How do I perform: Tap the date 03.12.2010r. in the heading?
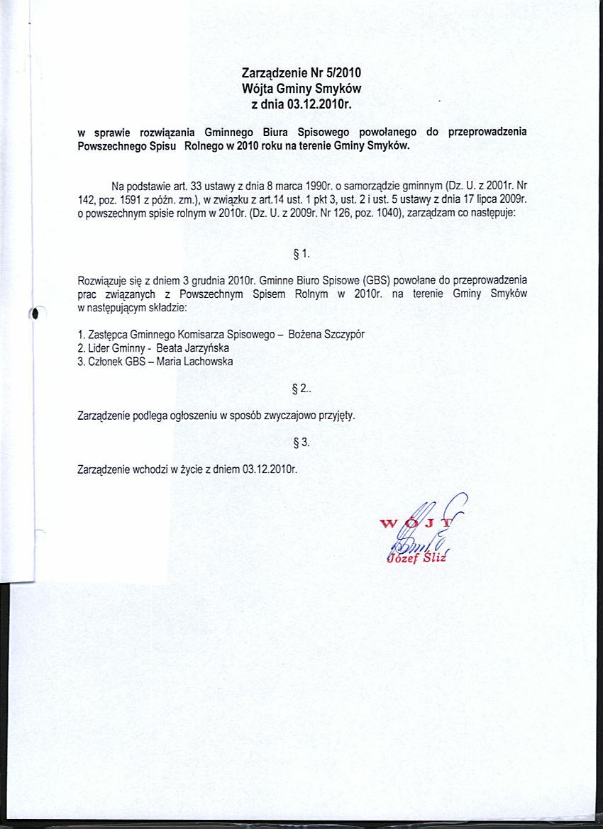[x=320, y=105]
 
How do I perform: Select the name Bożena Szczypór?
[x=326, y=335]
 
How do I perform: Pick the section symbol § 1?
[x=301, y=254]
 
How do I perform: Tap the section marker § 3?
[x=301, y=443]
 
